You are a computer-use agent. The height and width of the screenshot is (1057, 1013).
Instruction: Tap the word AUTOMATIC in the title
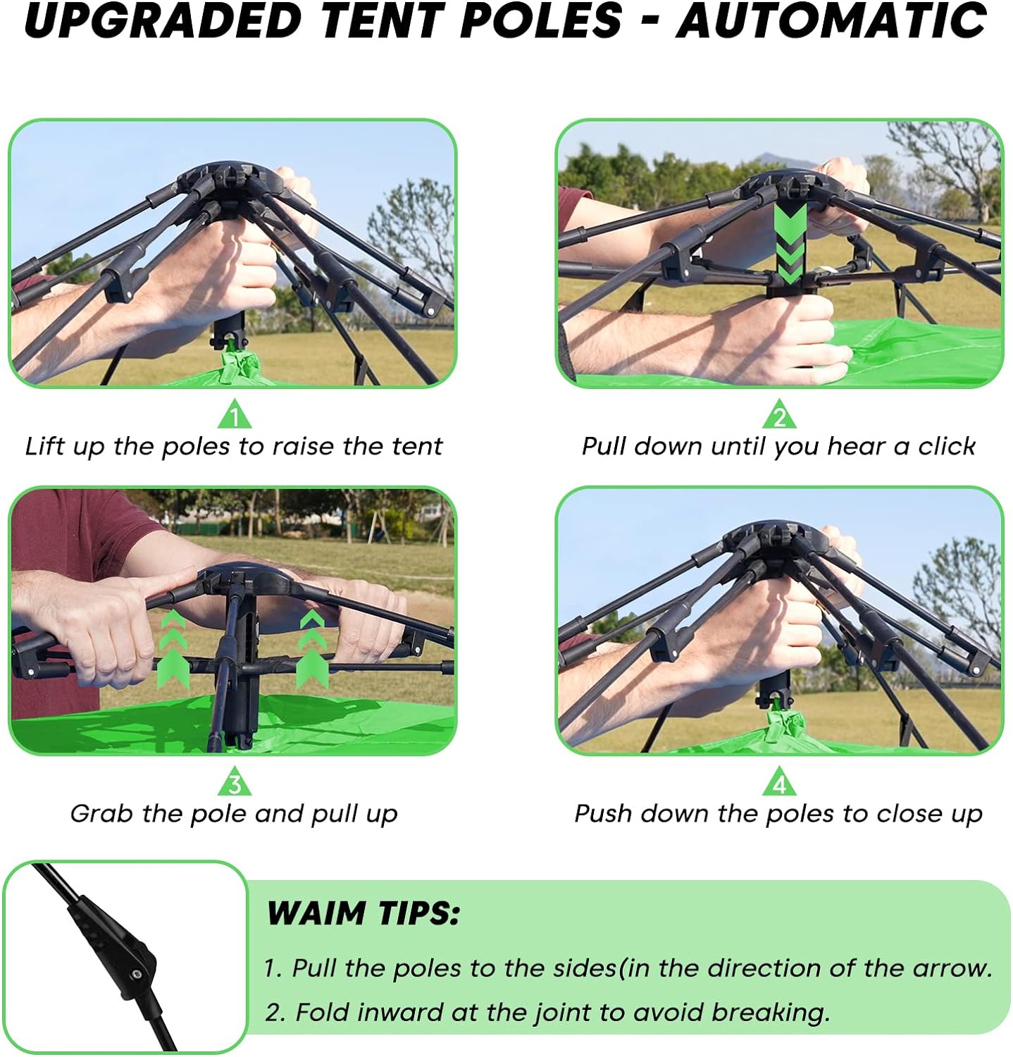click(831, 20)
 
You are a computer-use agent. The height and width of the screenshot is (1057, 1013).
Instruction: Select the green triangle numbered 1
click(234, 414)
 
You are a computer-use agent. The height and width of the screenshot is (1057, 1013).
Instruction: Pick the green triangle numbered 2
click(779, 414)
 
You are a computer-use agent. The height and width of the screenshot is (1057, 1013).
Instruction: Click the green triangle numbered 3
click(235, 781)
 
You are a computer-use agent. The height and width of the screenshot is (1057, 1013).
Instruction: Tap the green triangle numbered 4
click(779, 781)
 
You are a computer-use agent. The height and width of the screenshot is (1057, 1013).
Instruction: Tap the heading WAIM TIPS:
click(363, 913)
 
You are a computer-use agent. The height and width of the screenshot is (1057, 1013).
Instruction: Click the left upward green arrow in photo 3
click(173, 648)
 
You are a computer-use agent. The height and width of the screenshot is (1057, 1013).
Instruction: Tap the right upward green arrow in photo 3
click(312, 648)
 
